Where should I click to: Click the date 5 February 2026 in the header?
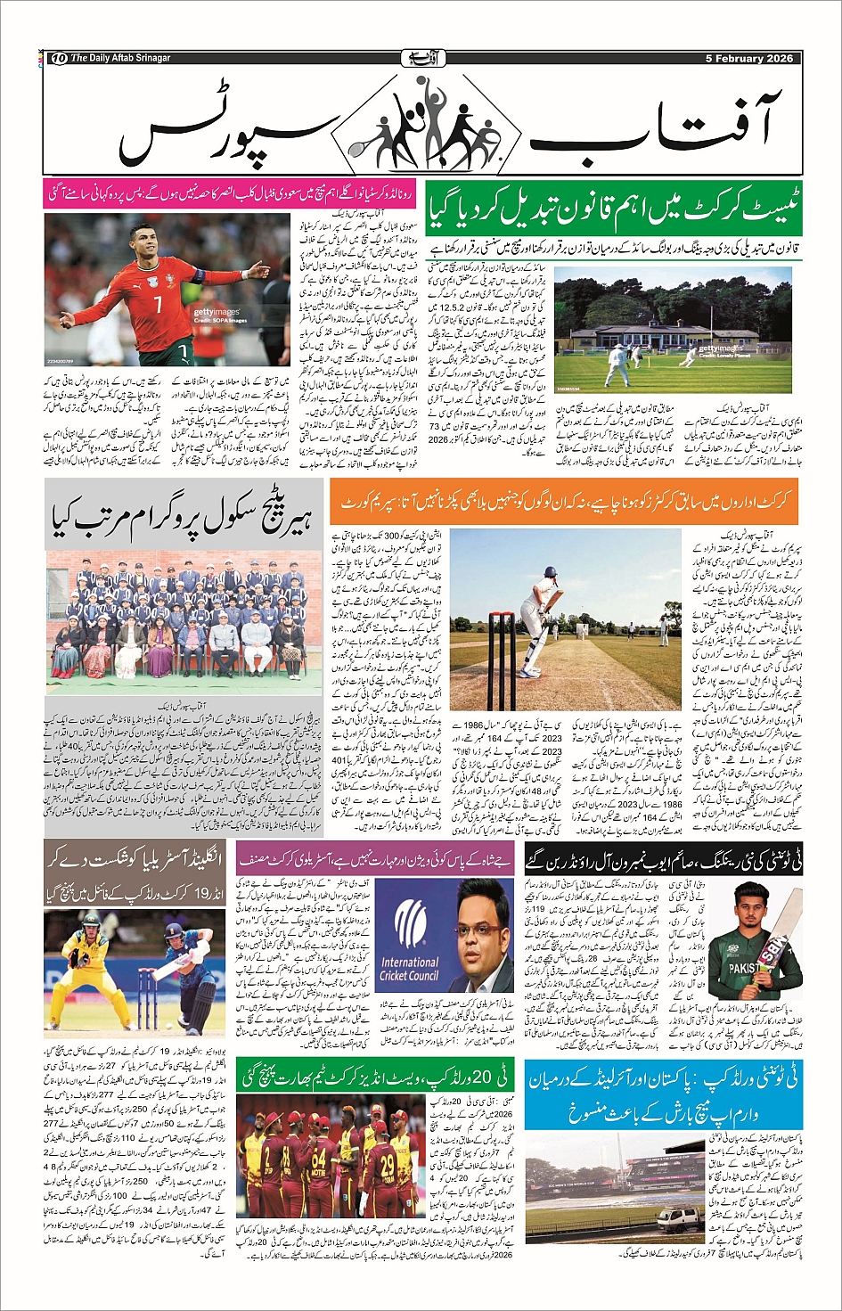click(x=748, y=59)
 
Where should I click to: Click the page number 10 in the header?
click(x=60, y=59)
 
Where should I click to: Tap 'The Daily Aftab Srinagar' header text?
click(x=120, y=59)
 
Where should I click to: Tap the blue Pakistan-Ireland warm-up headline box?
click(x=662, y=1094)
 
